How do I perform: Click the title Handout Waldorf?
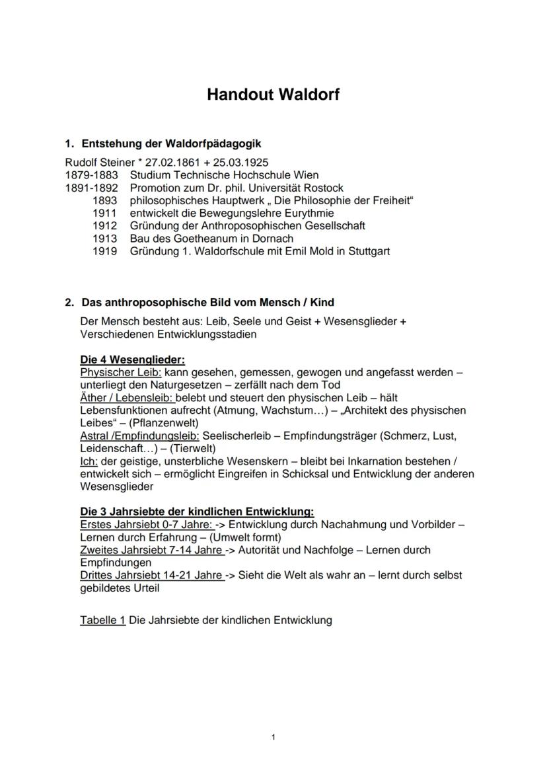pos(273,95)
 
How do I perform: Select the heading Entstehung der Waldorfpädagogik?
pos(171,143)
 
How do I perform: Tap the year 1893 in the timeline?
pos(105,200)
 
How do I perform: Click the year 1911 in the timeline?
pos(105,213)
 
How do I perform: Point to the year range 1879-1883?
pos(91,175)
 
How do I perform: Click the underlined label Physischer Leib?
pos(120,372)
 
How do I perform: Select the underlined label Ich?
pos(89,461)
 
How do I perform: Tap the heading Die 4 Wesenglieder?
pos(132,360)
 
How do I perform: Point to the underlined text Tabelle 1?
pos(102,620)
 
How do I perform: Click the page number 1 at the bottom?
pos(273,737)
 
